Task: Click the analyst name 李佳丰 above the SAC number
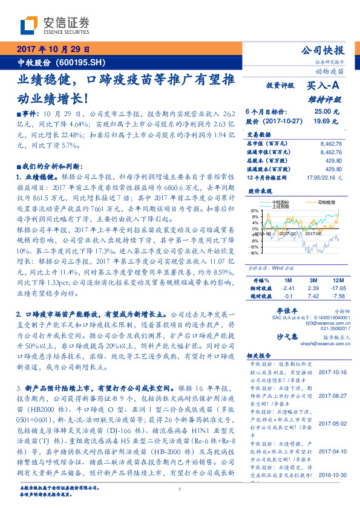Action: coord(276,309)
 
